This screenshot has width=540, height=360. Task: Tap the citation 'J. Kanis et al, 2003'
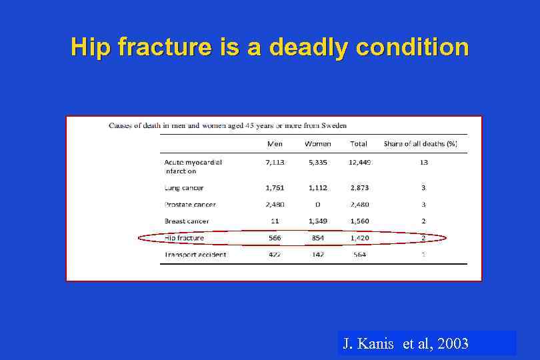click(x=405, y=344)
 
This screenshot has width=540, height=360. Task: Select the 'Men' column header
click(x=275, y=143)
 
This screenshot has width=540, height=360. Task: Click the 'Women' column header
click(x=317, y=143)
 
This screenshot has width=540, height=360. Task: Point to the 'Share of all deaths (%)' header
click(x=420, y=143)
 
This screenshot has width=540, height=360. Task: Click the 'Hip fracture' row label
click(x=184, y=238)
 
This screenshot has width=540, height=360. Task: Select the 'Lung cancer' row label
click(x=184, y=188)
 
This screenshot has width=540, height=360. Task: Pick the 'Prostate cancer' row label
click(x=190, y=205)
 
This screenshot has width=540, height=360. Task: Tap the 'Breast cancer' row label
click(x=187, y=221)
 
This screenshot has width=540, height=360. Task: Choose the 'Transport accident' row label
click(x=195, y=255)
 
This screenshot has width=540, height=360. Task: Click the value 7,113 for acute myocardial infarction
click(x=275, y=162)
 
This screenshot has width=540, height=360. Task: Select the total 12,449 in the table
click(x=359, y=162)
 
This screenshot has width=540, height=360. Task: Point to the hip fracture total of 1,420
click(x=359, y=238)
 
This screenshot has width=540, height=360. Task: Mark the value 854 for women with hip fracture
click(x=317, y=238)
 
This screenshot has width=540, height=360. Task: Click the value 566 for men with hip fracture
click(x=275, y=238)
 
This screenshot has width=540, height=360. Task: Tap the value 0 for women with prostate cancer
click(x=317, y=205)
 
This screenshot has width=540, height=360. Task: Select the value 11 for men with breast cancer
click(x=275, y=221)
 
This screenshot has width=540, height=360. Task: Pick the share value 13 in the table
click(x=423, y=162)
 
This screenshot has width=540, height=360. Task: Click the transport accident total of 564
click(x=359, y=255)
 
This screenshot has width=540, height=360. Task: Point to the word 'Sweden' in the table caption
click(x=333, y=126)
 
